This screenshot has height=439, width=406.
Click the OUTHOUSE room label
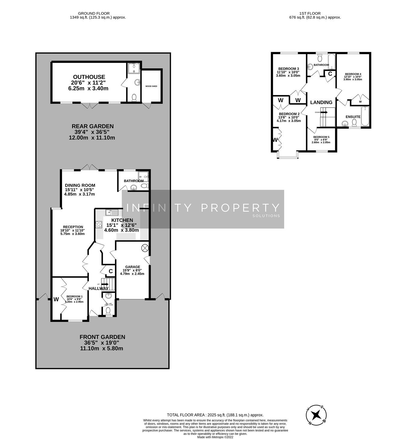click(x=89, y=77)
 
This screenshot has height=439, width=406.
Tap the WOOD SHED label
click(x=151, y=86)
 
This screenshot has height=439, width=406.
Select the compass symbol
click(x=316, y=415)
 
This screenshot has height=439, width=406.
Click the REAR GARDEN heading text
click(x=93, y=127)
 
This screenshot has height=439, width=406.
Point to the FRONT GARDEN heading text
click(x=102, y=337)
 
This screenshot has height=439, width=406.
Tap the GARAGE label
click(x=133, y=267)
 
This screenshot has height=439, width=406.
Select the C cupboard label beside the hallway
click(x=110, y=271)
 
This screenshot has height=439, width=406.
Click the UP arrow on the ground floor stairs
click(x=105, y=284)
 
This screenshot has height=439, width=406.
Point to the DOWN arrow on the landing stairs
click(x=324, y=112)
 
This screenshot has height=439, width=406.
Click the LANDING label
click(x=321, y=102)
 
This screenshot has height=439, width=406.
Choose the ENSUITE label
click(x=353, y=117)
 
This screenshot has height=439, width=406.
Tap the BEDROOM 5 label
click(x=321, y=137)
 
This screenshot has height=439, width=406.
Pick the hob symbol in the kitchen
click(x=99, y=224)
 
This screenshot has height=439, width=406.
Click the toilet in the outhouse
click(x=134, y=97)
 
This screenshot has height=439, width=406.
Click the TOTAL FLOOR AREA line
click(x=215, y=415)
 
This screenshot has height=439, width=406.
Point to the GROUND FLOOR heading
click(x=94, y=13)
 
